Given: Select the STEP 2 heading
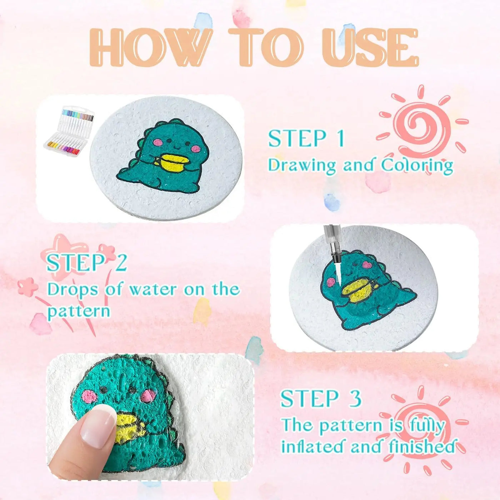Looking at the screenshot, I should click(x=87, y=263).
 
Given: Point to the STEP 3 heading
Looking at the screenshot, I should click(x=321, y=399).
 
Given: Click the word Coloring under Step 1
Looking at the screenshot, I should click(x=417, y=165).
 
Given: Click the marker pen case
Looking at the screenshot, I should click(x=69, y=132).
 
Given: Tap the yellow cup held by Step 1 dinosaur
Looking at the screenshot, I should click(x=173, y=163).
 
